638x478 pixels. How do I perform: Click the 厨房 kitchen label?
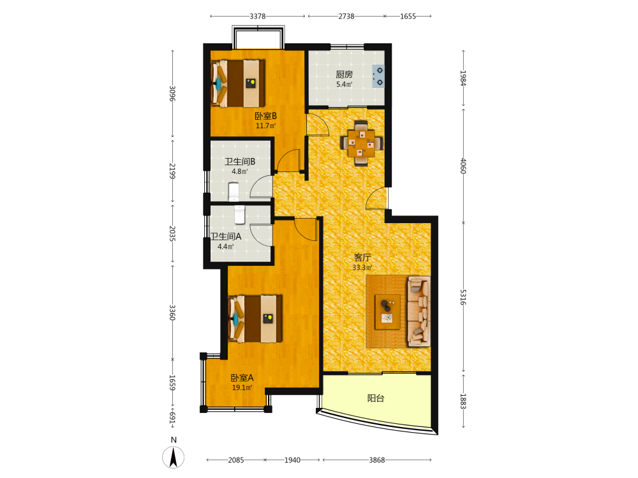(x=344, y=75)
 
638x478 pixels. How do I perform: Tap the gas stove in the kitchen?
(x=378, y=76)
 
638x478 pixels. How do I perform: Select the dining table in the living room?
(x=361, y=143)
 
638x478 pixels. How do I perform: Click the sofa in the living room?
(x=419, y=312)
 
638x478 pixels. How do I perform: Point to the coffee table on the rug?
(x=387, y=312)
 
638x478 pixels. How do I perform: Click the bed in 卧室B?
(x=238, y=83)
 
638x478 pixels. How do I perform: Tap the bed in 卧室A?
(x=256, y=319)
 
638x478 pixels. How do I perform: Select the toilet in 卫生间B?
(x=234, y=191)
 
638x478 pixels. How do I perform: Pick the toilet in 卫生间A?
(x=240, y=215)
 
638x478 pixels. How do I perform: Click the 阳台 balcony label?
(x=376, y=398)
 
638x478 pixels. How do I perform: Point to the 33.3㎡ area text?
(x=362, y=268)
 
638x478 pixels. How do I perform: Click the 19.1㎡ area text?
(x=242, y=387)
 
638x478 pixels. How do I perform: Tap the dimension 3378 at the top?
(x=258, y=17)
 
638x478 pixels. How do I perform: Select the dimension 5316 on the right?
(x=463, y=297)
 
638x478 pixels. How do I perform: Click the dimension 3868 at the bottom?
(x=377, y=460)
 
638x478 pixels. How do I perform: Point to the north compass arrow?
(x=174, y=457)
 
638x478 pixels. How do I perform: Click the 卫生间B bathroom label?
(x=240, y=161)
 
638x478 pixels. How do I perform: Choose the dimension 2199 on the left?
(x=172, y=171)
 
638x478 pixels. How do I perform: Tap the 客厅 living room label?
(x=362, y=257)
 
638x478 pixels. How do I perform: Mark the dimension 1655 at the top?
(x=408, y=17)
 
